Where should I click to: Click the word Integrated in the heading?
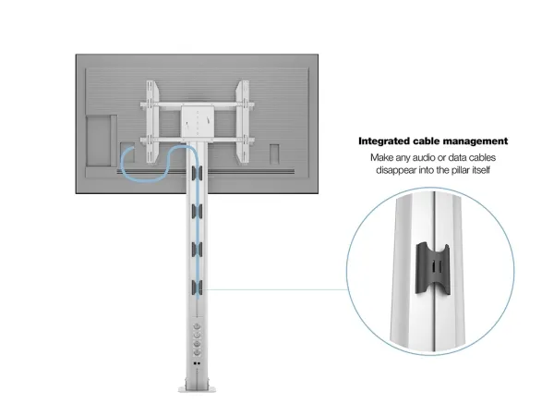(x=384, y=141)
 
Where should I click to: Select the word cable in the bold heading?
(x=427, y=141)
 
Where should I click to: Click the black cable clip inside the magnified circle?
(x=433, y=269)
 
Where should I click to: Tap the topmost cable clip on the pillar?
(x=197, y=173)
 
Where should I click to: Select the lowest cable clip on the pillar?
(x=197, y=287)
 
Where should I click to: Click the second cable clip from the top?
(x=197, y=211)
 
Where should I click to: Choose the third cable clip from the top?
(x=197, y=250)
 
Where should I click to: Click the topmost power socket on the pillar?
(x=197, y=326)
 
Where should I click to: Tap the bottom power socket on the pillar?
(x=197, y=352)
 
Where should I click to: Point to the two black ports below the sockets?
(x=197, y=363)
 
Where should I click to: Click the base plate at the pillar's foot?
(x=197, y=388)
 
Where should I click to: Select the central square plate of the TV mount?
(x=198, y=121)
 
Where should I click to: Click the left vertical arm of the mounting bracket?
(x=152, y=122)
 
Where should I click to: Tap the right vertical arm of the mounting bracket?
(x=243, y=122)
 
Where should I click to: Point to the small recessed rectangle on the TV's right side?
(x=274, y=154)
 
